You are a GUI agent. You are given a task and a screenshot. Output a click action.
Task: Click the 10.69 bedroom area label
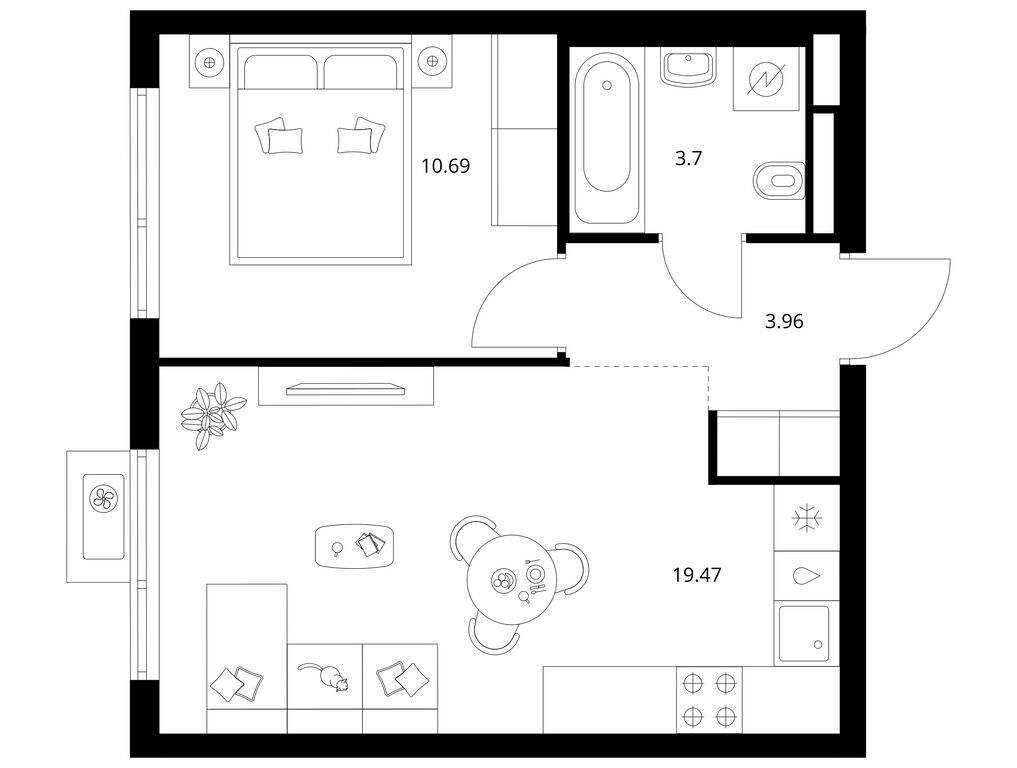pyautogui.click(x=446, y=166)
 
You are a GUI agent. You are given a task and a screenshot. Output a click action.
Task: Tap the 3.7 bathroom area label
pyautogui.click(x=688, y=158)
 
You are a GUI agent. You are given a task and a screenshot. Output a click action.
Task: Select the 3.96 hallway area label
pyautogui.click(x=784, y=321)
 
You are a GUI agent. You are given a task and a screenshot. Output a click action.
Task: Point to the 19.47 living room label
pyautogui.click(x=697, y=574)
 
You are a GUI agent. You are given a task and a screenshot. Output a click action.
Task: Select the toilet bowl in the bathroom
pyautogui.click(x=779, y=180)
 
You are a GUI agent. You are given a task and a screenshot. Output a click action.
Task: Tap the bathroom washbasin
pyautogui.click(x=688, y=67)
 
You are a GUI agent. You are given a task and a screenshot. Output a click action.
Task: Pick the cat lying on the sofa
pyautogui.click(x=324, y=677)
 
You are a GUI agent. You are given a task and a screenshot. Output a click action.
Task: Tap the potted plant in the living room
pyautogui.click(x=212, y=414)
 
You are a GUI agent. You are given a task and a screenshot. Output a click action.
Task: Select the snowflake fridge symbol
pyautogui.click(x=807, y=518)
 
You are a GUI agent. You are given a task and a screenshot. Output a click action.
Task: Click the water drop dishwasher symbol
pyautogui.click(x=807, y=576)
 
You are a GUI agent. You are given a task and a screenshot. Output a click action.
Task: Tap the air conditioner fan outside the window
pyautogui.click(x=104, y=499)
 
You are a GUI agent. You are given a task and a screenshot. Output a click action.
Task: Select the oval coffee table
pyautogui.click(x=354, y=545)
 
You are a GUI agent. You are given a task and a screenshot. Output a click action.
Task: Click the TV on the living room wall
pyautogui.click(x=346, y=389)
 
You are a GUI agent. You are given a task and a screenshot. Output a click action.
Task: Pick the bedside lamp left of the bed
pyautogui.click(x=209, y=62)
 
